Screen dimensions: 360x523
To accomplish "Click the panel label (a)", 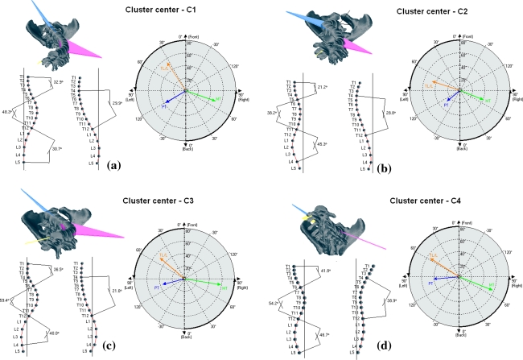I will (x=114, y=164).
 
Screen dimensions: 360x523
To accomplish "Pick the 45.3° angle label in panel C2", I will (x=322, y=144).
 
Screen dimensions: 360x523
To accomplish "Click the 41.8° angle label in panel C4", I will (x=324, y=271).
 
